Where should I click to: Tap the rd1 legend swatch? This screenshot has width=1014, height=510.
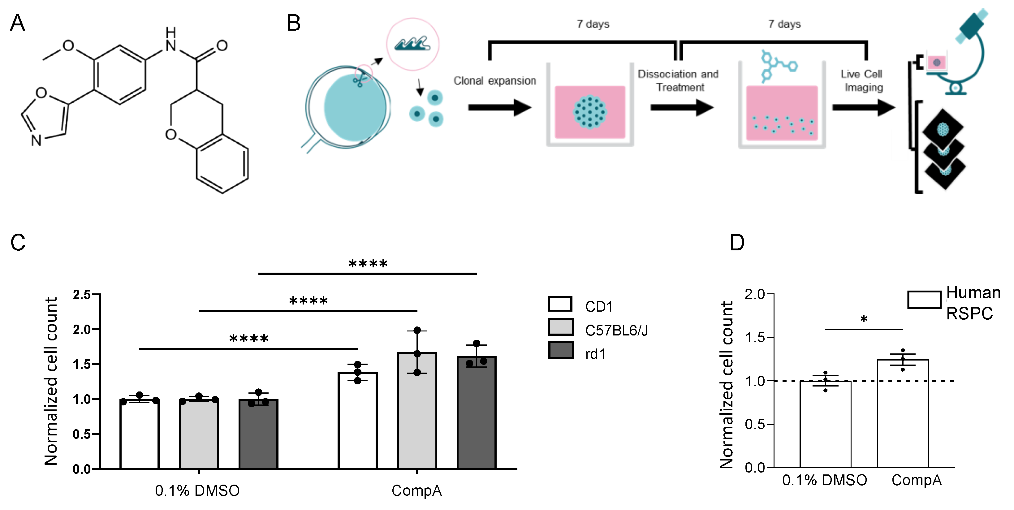pyautogui.click(x=561, y=350)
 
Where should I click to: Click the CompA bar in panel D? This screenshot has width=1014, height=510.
pyautogui.click(x=903, y=413)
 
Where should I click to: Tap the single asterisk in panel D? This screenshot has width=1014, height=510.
pyautogui.click(x=864, y=319)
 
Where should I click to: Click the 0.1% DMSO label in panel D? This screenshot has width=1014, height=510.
pyautogui.click(x=824, y=480)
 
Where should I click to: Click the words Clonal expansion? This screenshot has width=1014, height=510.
pyautogui.click(x=495, y=81)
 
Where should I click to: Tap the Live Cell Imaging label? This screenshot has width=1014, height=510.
pyautogui.click(x=862, y=81)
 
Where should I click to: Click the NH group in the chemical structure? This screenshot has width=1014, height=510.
pyautogui.click(x=170, y=39)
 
